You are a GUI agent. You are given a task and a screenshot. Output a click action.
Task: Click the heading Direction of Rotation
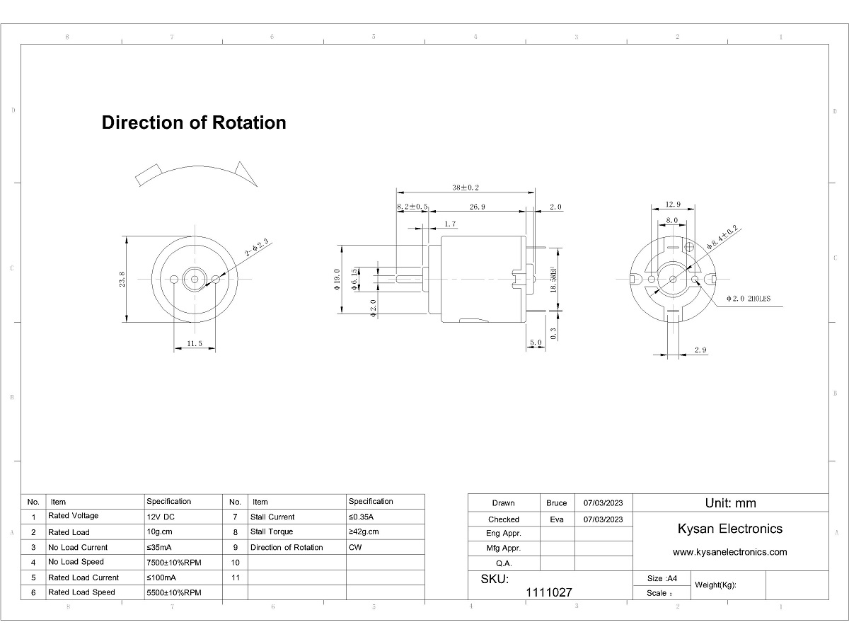point(194,122)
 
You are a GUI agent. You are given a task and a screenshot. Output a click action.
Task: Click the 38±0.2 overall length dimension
point(466,188)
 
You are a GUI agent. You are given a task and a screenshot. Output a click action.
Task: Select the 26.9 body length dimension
point(477,207)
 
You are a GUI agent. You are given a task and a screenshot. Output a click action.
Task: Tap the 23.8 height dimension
point(122,279)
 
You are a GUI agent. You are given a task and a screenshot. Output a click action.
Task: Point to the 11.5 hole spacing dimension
point(195,343)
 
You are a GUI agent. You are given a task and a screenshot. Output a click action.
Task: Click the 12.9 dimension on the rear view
point(672,205)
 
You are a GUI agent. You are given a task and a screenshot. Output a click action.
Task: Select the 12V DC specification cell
point(161,516)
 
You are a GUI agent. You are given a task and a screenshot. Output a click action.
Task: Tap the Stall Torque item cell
point(271,531)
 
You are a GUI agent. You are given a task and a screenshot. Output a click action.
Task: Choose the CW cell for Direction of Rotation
point(356,547)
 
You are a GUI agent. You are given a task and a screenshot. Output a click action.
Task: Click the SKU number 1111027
point(549,592)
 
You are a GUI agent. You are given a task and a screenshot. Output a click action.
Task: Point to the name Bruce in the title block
point(557,503)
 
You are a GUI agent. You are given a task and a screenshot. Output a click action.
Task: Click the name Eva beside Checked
point(557,519)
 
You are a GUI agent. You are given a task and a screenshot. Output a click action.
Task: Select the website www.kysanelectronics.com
point(729,552)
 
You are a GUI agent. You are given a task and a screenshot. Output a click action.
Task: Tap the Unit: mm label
point(730,503)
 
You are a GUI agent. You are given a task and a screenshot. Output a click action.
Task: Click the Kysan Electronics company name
point(730,529)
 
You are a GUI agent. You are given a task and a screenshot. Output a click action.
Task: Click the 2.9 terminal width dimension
point(700,350)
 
